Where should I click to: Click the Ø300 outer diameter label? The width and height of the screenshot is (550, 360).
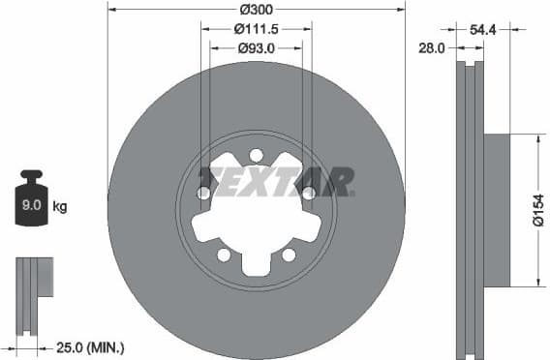[256, 9]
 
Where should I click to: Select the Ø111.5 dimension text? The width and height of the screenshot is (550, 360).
[256, 28]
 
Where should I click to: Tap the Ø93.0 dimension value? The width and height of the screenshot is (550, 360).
[256, 46]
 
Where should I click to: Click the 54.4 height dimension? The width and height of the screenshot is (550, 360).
[485, 30]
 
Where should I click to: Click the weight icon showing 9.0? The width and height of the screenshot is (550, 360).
[33, 200]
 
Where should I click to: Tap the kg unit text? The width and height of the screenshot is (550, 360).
[60, 206]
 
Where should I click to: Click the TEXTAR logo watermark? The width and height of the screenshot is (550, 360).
[276, 181]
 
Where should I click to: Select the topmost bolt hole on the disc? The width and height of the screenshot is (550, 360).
[256, 155]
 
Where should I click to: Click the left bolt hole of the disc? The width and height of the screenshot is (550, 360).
[204, 194]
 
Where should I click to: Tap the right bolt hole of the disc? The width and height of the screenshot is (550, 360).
[308, 194]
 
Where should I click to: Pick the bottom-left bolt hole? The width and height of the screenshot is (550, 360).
[224, 255]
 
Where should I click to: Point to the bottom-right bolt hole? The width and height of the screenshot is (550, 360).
[289, 255]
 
